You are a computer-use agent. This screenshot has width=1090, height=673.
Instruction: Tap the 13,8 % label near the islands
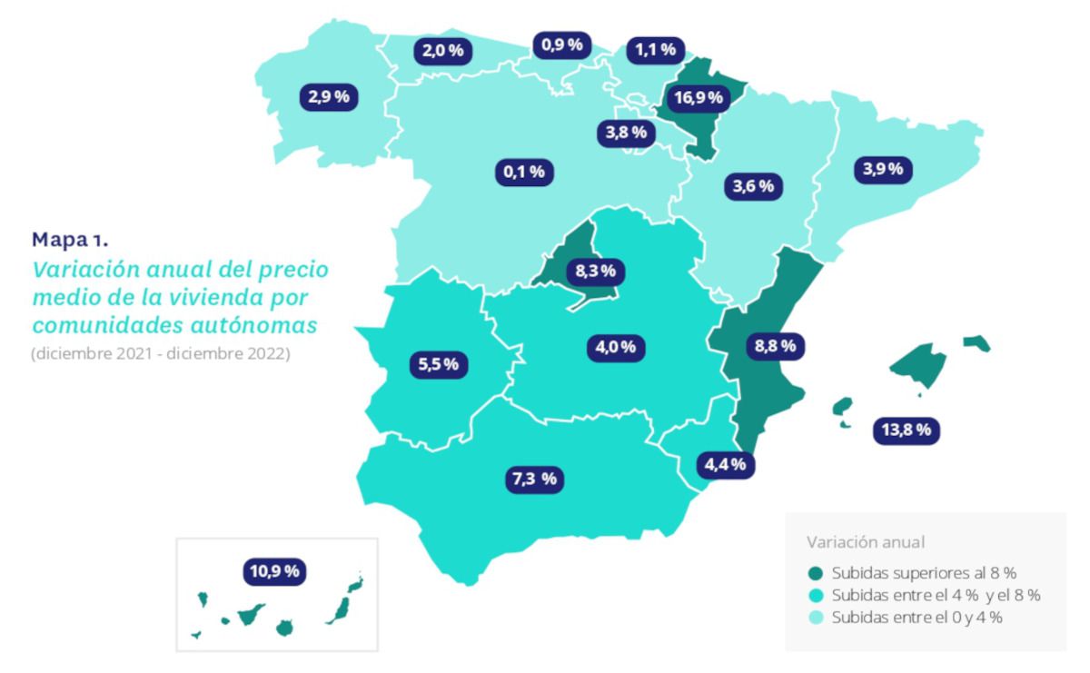906,430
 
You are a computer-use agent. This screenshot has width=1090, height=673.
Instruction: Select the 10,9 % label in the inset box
274,571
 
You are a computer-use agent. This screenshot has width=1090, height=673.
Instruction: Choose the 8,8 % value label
774,345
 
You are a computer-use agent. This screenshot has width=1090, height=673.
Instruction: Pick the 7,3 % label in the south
533,479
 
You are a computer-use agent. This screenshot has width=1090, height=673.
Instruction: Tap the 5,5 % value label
439,364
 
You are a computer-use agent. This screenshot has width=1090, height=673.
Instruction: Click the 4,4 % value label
726,464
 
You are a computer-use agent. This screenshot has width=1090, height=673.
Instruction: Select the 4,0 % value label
621,346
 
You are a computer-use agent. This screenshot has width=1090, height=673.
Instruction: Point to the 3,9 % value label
881,168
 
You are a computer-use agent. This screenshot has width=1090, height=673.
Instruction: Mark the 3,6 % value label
753,187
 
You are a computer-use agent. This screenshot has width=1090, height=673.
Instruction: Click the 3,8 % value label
626,133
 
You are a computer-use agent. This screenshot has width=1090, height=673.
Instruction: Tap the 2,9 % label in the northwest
329,97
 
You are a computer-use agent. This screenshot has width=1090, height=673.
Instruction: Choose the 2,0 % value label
442,51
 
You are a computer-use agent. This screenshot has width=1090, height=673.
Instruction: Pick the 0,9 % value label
562,45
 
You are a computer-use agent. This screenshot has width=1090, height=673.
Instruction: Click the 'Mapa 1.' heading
69,240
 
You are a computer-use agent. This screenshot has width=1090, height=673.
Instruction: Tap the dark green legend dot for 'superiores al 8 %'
815,574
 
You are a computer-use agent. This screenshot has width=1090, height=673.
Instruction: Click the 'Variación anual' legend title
866,542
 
